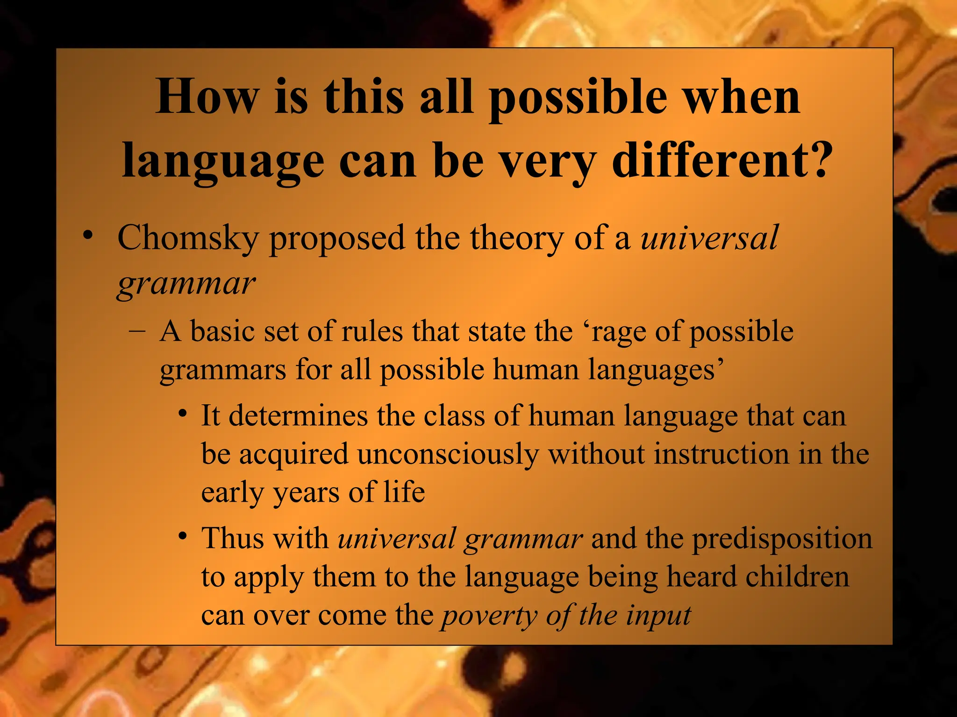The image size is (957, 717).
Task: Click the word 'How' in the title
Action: pos(207,97)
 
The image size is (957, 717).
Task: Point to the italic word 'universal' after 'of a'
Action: pos(709,239)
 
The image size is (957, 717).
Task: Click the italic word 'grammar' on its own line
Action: pos(186,284)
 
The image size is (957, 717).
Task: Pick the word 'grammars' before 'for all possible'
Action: pos(222,371)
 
